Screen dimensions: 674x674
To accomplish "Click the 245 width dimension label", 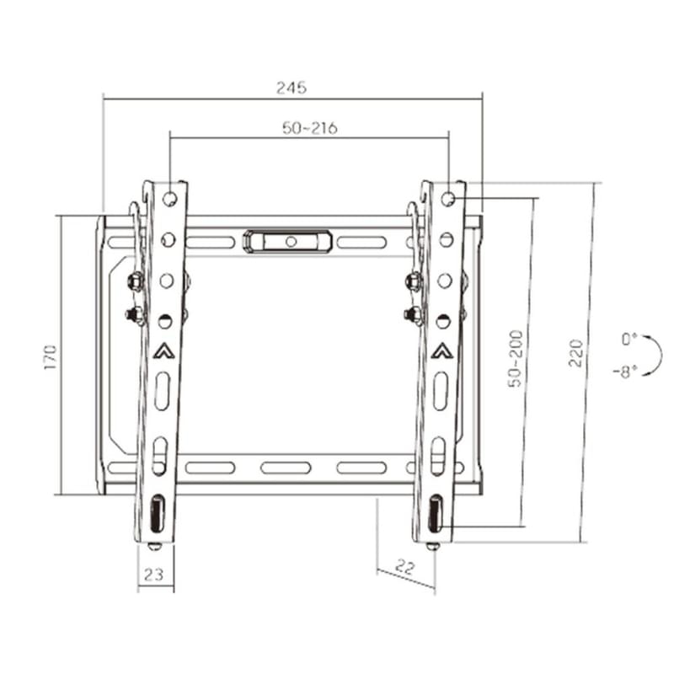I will (292, 87).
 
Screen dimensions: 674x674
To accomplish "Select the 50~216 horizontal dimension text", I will (309, 128).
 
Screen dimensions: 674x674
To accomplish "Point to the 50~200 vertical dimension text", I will (516, 358).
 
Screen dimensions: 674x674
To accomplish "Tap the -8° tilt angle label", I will (625, 370).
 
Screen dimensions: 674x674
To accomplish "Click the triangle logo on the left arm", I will (163, 351).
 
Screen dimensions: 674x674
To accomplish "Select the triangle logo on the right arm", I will (441, 351).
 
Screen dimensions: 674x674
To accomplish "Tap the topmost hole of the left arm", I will (170, 200).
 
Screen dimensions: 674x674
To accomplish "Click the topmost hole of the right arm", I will (448, 200).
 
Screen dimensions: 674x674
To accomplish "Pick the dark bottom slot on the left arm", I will (157, 514).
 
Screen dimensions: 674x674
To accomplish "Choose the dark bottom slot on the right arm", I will (435, 514).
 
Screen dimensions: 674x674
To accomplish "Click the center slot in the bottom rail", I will (286, 468).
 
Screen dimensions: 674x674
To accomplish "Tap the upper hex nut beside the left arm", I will (133, 281).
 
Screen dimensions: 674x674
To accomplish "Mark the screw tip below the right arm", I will (431, 546).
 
